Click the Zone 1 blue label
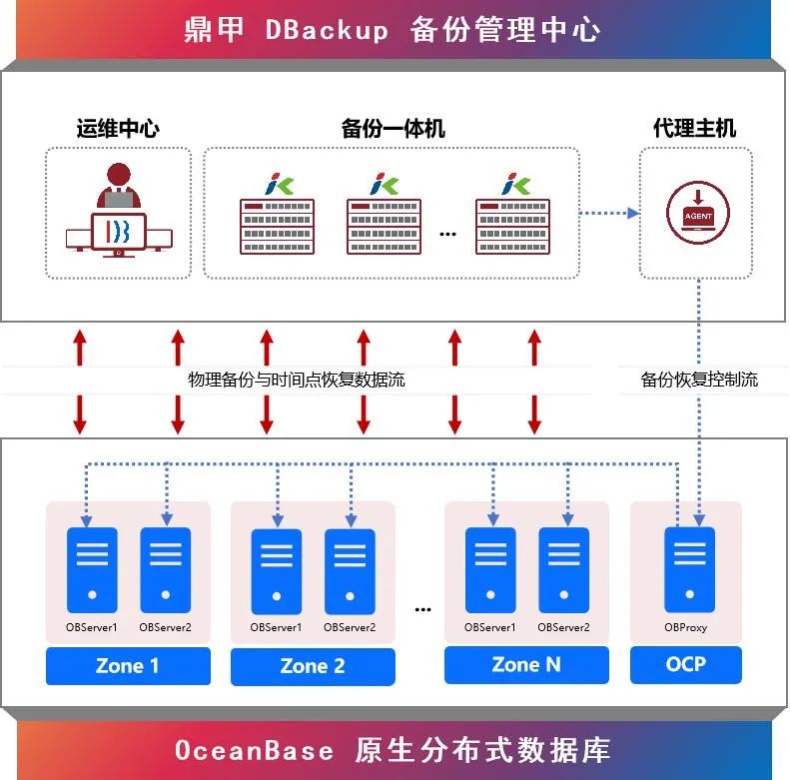click(x=128, y=666)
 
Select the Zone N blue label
click(x=526, y=665)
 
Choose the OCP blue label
click(x=686, y=664)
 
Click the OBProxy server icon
click(x=689, y=569)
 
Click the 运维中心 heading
click(x=118, y=129)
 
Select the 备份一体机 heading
click(x=393, y=129)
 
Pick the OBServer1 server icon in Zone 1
click(x=92, y=569)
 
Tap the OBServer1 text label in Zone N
click(x=489, y=627)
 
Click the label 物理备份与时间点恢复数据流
click(x=297, y=380)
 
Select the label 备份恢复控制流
click(x=699, y=380)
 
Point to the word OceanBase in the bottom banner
click(x=254, y=750)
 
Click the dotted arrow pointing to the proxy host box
click(x=609, y=212)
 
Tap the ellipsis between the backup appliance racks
click(x=447, y=234)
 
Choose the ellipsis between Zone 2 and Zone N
click(x=421, y=607)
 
